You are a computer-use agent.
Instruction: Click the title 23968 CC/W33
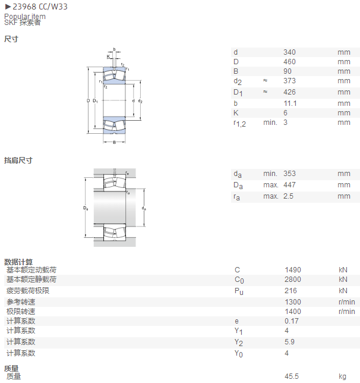pos(40,7)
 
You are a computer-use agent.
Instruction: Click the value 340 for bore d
pos(289,52)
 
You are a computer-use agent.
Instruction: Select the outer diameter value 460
pos(289,62)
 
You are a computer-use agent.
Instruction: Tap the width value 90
pos(288,71)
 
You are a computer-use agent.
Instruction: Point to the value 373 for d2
pos(289,81)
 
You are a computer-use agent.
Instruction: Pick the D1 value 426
pos(289,92)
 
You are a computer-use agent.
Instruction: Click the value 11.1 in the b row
pos(290,103)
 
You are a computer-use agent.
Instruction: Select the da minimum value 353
pos(289,174)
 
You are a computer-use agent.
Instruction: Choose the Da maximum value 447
pos(289,184)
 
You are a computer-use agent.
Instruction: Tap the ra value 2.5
pos(288,196)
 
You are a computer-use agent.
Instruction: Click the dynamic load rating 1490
pos(293,269)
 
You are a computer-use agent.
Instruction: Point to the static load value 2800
pos(293,279)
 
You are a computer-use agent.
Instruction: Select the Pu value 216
pos(290,290)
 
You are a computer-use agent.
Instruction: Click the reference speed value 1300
pos(293,302)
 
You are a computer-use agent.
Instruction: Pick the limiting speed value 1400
pos(293,312)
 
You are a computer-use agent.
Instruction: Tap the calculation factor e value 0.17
pos(292,321)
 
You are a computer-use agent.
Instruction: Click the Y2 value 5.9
pos(289,342)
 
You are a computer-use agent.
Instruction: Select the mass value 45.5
pos(292,376)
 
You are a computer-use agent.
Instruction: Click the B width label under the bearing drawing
pos(114,142)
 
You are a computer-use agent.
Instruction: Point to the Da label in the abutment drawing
pos(86,208)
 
